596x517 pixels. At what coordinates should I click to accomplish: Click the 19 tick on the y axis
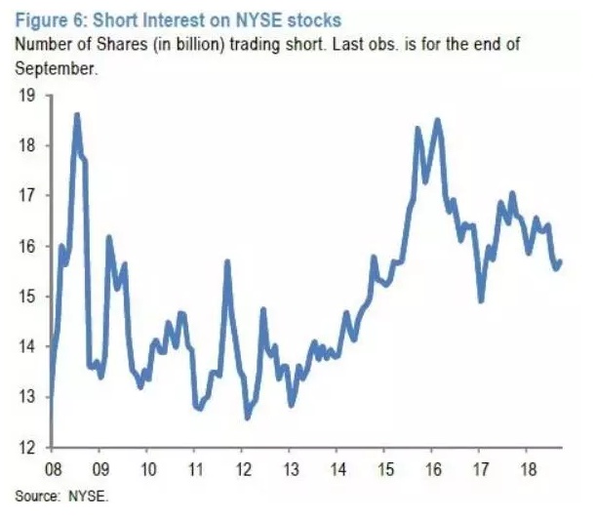point(25,96)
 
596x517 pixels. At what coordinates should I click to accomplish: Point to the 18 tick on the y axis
point(25,145)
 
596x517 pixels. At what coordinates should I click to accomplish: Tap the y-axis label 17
point(25,196)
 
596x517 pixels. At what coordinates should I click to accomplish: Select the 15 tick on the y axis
point(25,297)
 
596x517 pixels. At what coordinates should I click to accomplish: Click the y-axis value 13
point(25,397)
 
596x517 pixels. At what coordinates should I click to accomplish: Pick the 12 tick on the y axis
point(25,448)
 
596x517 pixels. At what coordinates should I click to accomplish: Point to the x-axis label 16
point(432,469)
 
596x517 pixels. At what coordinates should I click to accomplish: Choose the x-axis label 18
point(528,469)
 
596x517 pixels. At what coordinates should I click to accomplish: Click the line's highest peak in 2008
point(77,115)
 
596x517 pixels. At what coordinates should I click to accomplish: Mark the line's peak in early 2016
point(437,120)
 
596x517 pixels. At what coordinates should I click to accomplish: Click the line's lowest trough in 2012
point(247,418)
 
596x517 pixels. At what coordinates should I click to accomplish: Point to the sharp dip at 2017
point(481,300)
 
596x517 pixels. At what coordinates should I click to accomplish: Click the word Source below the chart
point(33,496)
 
